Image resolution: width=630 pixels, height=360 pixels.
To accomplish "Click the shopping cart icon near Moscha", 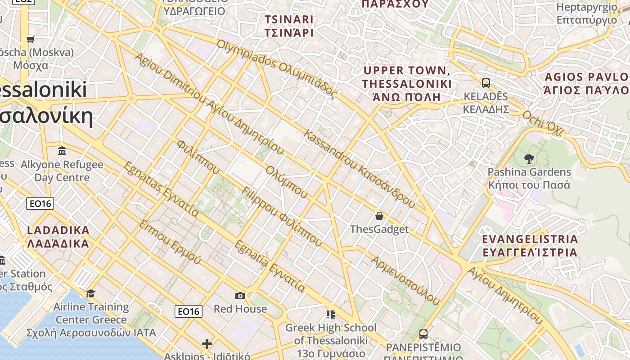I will [31, 39].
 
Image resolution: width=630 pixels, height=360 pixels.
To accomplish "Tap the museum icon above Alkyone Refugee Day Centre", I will [63, 150].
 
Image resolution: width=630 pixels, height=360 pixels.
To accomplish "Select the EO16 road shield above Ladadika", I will [40, 203].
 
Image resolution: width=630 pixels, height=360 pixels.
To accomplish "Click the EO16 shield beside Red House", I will [189, 311].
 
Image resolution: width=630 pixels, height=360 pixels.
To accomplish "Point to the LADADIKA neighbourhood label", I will [58, 237].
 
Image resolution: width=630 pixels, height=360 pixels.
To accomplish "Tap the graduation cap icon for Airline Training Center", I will [91, 293].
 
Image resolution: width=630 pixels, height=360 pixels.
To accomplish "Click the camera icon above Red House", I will [240, 296].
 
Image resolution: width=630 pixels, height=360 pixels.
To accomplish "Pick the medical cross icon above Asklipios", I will [207, 344].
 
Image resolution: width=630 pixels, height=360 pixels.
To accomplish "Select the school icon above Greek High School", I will [331, 314].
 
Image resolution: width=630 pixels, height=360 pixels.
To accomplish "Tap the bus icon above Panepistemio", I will [423, 334].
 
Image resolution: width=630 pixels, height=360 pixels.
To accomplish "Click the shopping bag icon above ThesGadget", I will [379, 216].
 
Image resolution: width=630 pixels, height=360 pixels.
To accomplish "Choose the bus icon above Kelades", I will [486, 83].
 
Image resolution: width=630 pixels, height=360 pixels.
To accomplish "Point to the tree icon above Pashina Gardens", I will [529, 158].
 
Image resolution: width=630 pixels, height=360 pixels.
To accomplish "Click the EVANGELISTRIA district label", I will [530, 245].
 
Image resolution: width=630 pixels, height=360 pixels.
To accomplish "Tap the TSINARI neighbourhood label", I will [289, 26].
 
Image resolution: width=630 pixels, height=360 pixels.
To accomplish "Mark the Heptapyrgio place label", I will [587, 13].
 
